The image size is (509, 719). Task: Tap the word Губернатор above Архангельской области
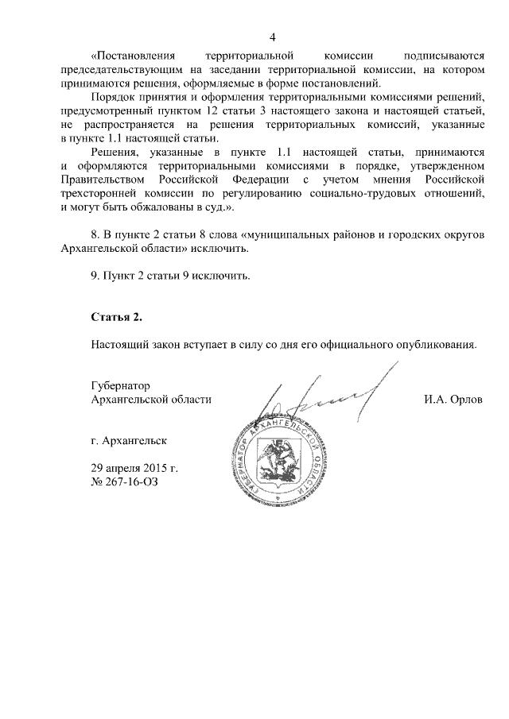coord(121,385)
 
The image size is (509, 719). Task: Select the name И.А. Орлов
coord(453,400)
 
